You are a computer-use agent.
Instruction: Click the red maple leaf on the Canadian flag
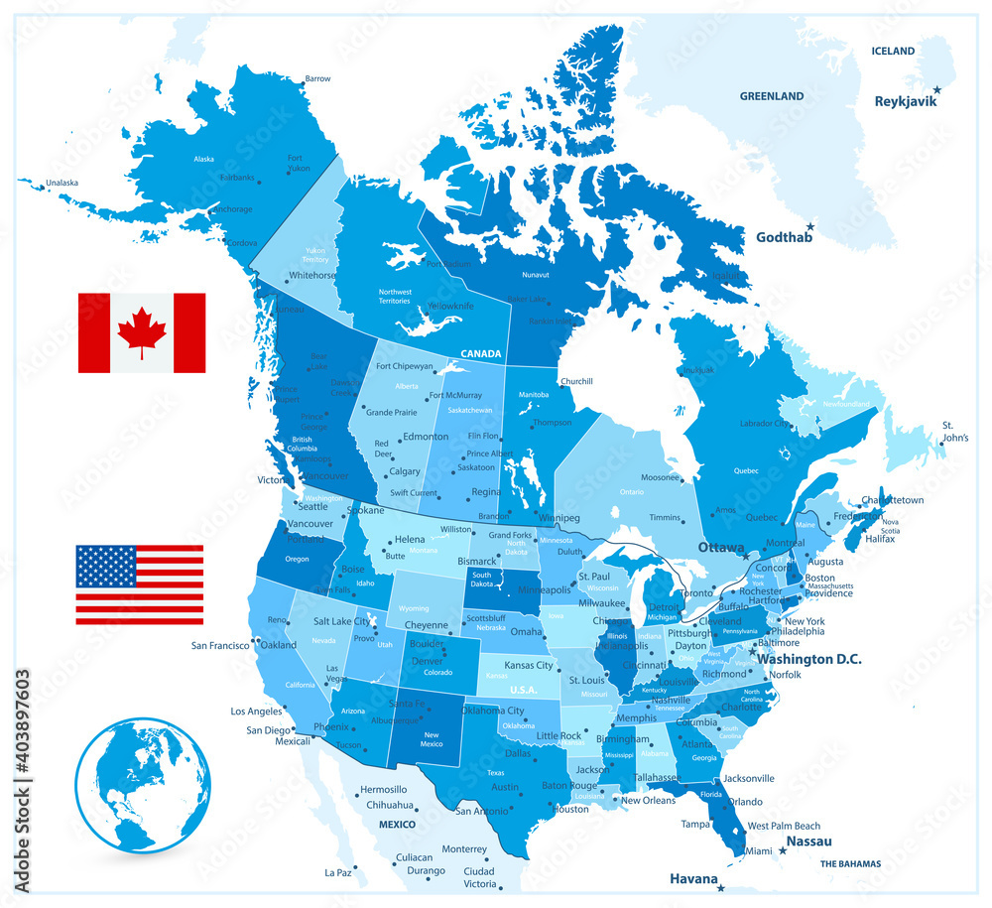click(x=142, y=331)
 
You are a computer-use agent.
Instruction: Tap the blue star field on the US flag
click(x=106, y=566)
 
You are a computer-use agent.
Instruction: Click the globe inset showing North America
click(x=143, y=785)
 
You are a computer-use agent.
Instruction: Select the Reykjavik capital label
click(x=905, y=101)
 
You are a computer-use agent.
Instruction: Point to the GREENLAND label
click(x=771, y=96)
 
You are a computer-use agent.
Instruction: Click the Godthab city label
click(x=784, y=237)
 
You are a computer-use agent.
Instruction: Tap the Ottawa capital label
click(x=720, y=548)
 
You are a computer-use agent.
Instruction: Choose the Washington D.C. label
click(x=808, y=659)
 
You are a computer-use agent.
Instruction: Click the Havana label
click(x=692, y=877)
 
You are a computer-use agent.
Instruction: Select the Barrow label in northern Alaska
click(x=317, y=78)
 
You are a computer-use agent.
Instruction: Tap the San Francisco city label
click(x=220, y=645)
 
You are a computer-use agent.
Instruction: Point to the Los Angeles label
click(x=257, y=711)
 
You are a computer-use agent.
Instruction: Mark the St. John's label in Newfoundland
click(x=955, y=431)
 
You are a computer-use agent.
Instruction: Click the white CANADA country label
click(x=480, y=353)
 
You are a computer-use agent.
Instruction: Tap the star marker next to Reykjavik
click(x=936, y=89)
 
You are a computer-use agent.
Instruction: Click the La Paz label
click(x=339, y=872)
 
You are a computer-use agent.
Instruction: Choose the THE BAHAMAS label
click(x=850, y=863)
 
